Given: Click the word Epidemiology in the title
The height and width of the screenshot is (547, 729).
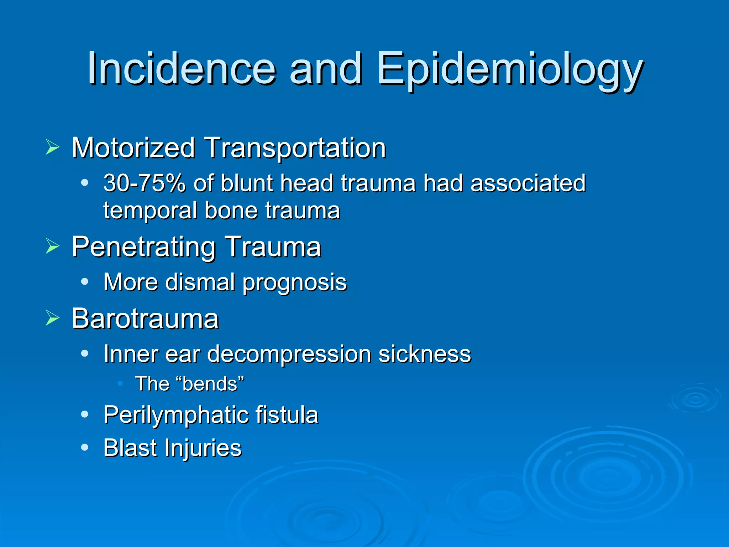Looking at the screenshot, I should (510, 68).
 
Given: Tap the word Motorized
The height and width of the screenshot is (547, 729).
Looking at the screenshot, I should (133, 147).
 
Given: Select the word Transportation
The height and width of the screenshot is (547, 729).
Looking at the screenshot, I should (295, 147).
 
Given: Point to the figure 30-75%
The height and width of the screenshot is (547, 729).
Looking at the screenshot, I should (145, 183).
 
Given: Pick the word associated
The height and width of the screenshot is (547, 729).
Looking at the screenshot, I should (528, 183).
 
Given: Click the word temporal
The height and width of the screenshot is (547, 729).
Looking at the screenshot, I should (150, 211).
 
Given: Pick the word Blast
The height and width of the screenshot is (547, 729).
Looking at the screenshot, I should (129, 448).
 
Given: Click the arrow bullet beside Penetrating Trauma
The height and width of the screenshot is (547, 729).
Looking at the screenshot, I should (52, 246).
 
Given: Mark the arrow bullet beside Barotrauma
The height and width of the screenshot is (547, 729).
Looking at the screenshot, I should (52, 318).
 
